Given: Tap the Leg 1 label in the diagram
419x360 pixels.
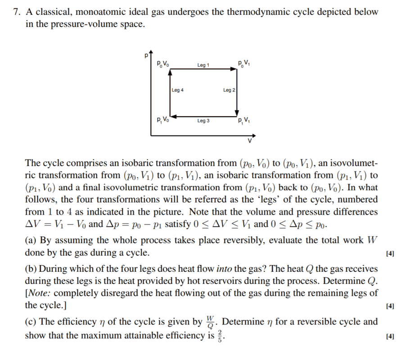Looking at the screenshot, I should [x=203, y=65].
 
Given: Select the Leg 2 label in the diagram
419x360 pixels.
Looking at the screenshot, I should [x=229, y=90].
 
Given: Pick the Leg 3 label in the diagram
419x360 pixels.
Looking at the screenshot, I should [x=203, y=121].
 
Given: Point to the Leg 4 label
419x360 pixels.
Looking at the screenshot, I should [x=177, y=90].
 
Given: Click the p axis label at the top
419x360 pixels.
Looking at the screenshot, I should [x=145, y=56].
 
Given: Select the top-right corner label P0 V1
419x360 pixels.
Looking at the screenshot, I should [x=243, y=63].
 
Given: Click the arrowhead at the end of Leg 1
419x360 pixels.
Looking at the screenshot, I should [x=235, y=69].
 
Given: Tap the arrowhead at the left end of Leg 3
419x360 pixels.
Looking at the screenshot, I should [x=173, y=116].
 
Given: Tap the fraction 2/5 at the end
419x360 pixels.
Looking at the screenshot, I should [x=220, y=336].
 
